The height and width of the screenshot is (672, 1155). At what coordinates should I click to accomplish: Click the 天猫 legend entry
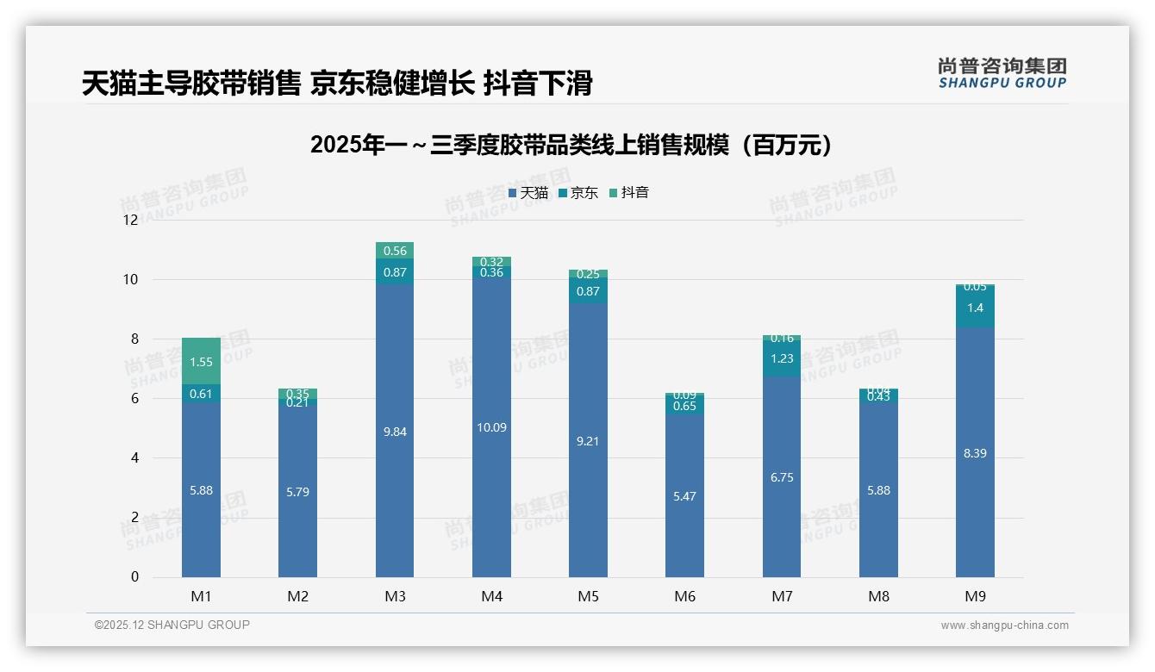click(528, 193)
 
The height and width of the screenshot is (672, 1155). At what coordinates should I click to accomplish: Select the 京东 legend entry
click(578, 193)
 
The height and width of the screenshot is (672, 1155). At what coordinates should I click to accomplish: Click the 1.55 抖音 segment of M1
click(201, 362)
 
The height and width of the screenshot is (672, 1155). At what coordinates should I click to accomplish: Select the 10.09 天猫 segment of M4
click(491, 427)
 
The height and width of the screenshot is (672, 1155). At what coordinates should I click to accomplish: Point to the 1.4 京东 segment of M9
click(975, 308)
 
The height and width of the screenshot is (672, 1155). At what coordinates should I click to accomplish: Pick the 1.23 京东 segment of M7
click(782, 358)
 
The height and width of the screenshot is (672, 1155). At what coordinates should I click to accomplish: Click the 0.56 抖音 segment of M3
click(395, 251)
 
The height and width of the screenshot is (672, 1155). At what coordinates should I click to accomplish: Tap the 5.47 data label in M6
click(685, 496)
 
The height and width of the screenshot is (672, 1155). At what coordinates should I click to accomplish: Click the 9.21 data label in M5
click(589, 441)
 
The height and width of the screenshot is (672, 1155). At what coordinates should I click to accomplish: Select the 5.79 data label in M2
click(297, 492)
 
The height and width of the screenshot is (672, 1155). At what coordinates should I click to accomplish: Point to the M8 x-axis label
click(878, 596)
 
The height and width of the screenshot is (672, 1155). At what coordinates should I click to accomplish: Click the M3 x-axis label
click(395, 596)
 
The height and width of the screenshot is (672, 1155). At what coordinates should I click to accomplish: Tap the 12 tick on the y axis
click(130, 220)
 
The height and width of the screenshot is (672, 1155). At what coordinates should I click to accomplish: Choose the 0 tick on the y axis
click(134, 577)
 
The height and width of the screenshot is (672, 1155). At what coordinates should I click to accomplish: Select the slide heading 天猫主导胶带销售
click(337, 84)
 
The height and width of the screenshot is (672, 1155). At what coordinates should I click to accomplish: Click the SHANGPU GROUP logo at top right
click(1002, 73)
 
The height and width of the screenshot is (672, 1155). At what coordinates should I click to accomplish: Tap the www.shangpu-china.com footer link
click(1004, 625)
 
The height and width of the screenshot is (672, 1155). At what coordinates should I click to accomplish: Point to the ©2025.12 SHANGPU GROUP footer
click(172, 625)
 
